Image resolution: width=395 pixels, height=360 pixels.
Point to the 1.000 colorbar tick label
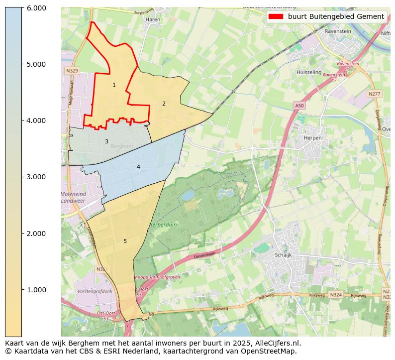(x=36, y=290)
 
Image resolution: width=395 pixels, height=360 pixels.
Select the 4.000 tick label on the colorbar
(x=36, y=120)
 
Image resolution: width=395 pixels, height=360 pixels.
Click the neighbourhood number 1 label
(x=114, y=85)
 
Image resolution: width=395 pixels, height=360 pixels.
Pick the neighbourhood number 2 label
(x=164, y=104)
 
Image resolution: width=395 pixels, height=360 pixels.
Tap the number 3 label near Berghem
(x=106, y=142)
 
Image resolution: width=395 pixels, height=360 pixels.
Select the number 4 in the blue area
(x=138, y=167)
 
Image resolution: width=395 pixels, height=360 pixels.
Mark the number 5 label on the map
(x=125, y=241)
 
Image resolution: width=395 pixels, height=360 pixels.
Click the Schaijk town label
(x=283, y=255)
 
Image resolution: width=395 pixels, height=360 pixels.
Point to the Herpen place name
(x=313, y=138)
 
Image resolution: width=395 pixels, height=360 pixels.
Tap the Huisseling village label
(x=309, y=72)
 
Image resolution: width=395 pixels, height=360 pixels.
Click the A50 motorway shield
(x=299, y=106)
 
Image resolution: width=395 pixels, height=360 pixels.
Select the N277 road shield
(x=374, y=94)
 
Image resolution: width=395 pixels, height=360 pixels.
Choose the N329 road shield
(x=72, y=71)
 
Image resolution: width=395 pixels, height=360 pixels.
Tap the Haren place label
(x=152, y=20)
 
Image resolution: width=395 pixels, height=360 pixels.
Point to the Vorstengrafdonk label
(x=95, y=291)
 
